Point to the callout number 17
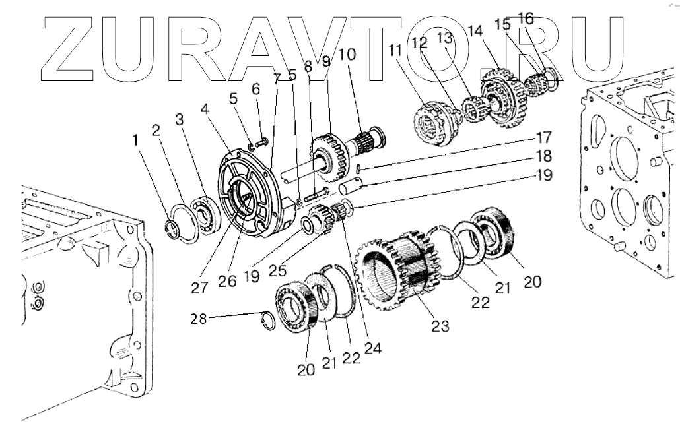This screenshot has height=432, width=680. pyautogui.click(x=543, y=139)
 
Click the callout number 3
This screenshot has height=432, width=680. pyautogui.click(x=180, y=119)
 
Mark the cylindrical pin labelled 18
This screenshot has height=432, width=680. pyautogui.click(x=350, y=188)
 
